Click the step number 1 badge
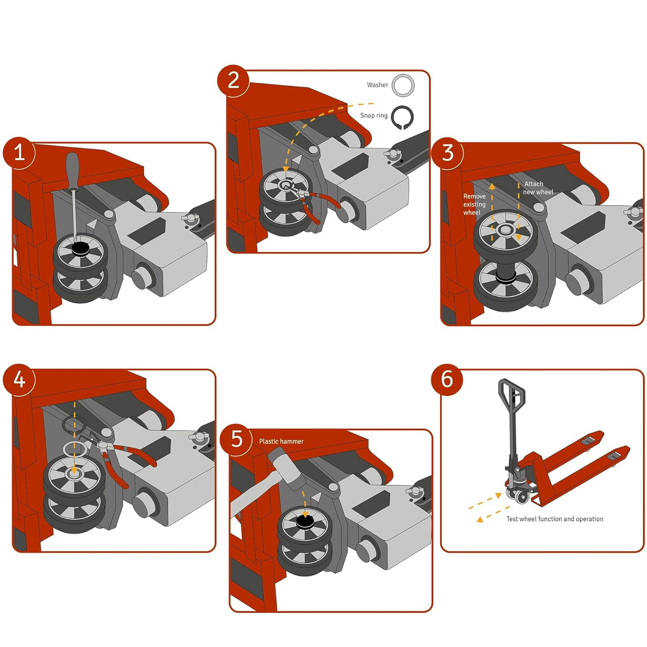pyautogui.click(x=19, y=153)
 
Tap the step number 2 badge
pyautogui.click(x=233, y=80)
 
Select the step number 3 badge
pyautogui.click(x=447, y=153)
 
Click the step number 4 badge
pyautogui.click(x=19, y=379)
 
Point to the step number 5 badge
pyautogui.click(x=236, y=439)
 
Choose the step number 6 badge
pyautogui.click(x=447, y=379)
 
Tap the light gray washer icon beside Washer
pyautogui.click(x=403, y=85)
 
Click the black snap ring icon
pyautogui.click(x=402, y=118)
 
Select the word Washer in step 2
pyautogui.click(x=377, y=85)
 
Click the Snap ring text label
pyautogui.click(x=373, y=116)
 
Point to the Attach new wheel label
pyautogui.click(x=537, y=188)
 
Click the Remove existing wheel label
pyautogui.click(x=474, y=204)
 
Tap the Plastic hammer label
pyautogui.click(x=281, y=442)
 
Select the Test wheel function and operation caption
pyautogui.click(x=554, y=519)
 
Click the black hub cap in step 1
pyautogui.click(x=80, y=248)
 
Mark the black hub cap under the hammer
pyautogui.click(x=305, y=522)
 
